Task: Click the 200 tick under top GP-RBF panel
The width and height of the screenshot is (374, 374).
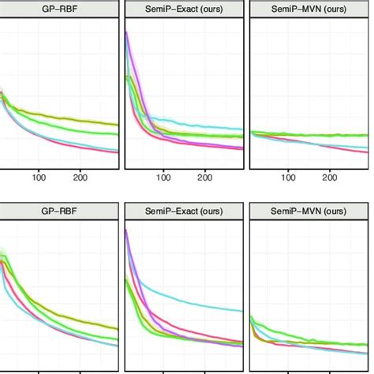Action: click(80, 178)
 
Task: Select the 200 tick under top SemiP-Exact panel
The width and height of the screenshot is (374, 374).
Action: click(205, 178)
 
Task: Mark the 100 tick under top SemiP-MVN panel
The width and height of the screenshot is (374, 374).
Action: click(288, 178)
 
